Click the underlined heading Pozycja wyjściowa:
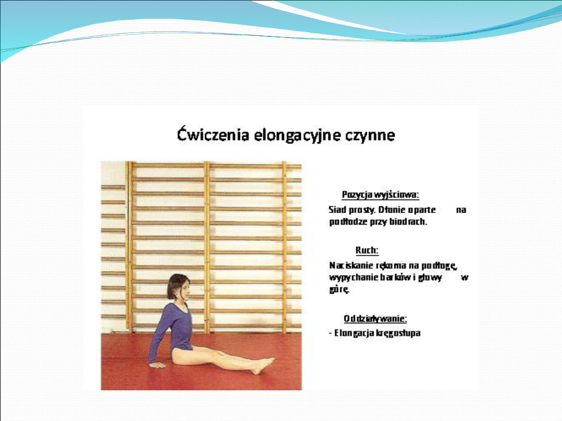380,195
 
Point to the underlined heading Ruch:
367,250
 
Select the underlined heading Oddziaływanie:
375,318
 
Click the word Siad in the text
337,209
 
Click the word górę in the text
339,290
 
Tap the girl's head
178,288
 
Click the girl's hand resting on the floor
157,365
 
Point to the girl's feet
263,365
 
